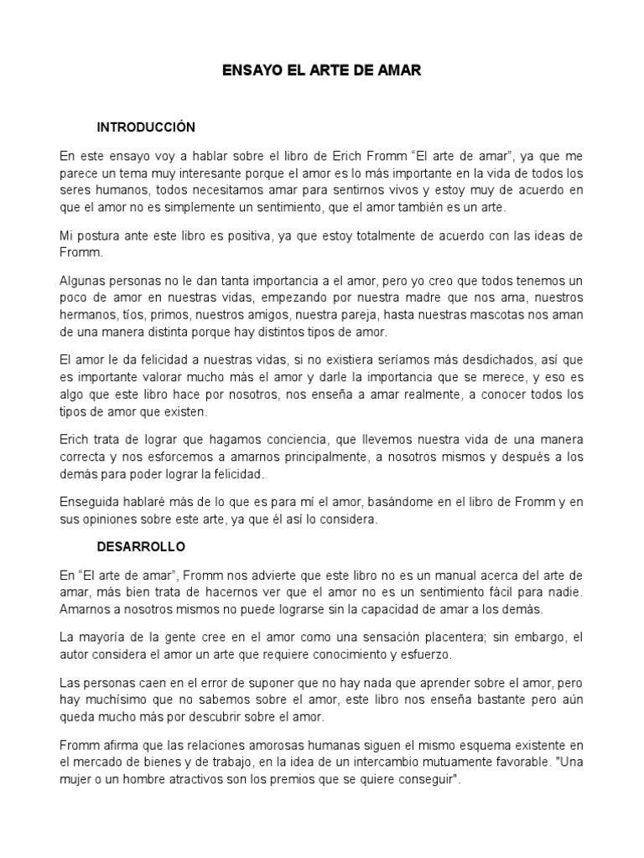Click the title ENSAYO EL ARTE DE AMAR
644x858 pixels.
tap(321, 72)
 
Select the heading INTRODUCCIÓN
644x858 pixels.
tap(146, 127)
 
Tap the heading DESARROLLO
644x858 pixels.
tap(142, 546)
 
